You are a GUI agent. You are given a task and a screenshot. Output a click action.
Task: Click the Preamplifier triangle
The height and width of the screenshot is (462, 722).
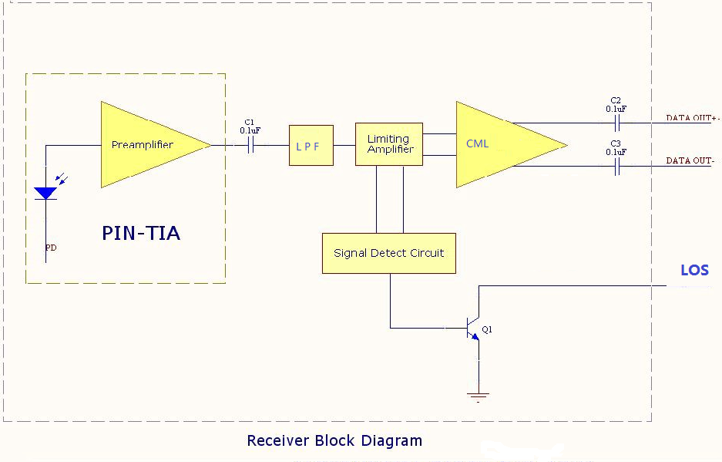pyautogui.click(x=147, y=145)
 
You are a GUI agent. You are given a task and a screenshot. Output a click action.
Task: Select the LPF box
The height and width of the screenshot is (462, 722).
pyautogui.click(x=311, y=145)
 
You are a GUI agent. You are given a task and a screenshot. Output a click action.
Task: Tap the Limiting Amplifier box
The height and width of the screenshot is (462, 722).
pyautogui.click(x=389, y=144)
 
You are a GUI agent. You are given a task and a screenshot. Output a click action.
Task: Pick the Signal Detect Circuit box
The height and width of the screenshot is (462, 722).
pyautogui.click(x=389, y=253)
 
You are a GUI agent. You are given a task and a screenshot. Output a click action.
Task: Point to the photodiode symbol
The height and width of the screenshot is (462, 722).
pyautogui.click(x=45, y=193)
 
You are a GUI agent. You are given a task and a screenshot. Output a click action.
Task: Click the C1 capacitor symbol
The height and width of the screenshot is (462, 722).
pyautogui.click(x=250, y=145)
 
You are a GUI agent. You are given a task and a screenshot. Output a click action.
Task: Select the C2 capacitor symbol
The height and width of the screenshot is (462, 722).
pyautogui.click(x=617, y=123)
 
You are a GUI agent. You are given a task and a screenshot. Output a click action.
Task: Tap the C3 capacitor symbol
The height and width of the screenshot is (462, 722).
pyautogui.click(x=617, y=167)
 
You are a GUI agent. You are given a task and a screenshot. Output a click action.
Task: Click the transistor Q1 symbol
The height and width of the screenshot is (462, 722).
pyautogui.click(x=473, y=329)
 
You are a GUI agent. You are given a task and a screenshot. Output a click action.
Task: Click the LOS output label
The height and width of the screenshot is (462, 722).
pyautogui.click(x=695, y=270)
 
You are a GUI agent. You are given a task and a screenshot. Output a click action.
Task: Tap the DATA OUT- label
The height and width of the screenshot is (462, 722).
pyautogui.click(x=690, y=160)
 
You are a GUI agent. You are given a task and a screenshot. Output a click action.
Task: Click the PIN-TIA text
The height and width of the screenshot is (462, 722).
pyautogui.click(x=141, y=233)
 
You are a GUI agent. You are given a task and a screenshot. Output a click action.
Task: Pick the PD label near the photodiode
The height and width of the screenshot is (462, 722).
pyautogui.click(x=51, y=248)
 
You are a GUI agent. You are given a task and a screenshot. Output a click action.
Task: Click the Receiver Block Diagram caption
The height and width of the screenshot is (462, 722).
pyautogui.click(x=334, y=440)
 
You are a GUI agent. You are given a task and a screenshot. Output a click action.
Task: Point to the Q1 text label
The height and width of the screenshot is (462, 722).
pyautogui.click(x=487, y=329)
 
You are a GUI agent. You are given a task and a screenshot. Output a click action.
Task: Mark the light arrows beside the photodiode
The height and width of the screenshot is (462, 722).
pyautogui.click(x=61, y=178)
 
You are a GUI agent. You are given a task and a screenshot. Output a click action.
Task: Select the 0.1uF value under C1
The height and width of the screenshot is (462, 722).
pyautogui.click(x=250, y=130)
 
